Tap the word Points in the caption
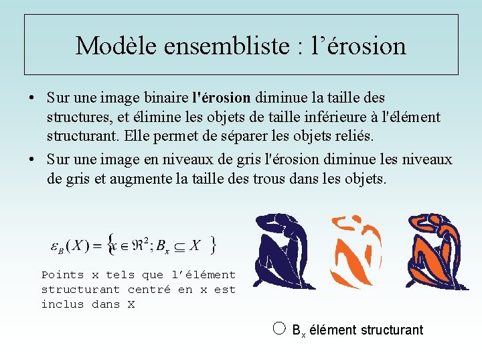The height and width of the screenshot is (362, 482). (63, 275)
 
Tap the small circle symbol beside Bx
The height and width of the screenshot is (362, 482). (280, 328)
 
